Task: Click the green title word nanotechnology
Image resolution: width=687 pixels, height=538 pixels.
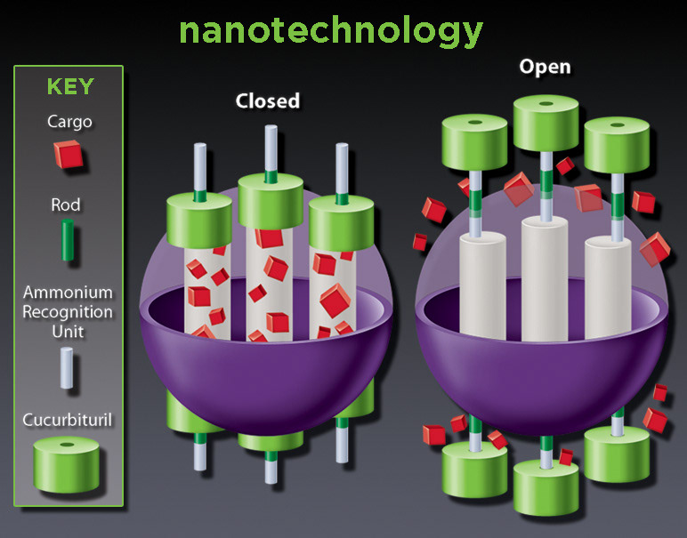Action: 330,30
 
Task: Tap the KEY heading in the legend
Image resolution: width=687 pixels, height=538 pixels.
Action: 69,87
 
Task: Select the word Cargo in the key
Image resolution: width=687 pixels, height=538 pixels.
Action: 69,121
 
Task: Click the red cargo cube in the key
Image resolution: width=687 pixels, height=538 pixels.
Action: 69,156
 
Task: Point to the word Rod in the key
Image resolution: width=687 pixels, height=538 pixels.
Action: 66,205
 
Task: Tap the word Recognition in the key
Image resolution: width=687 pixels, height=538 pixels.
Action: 68,312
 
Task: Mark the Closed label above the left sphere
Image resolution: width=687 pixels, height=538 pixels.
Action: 267,100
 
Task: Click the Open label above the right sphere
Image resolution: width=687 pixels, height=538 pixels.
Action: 545,67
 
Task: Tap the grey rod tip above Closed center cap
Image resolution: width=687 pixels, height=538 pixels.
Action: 270,148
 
